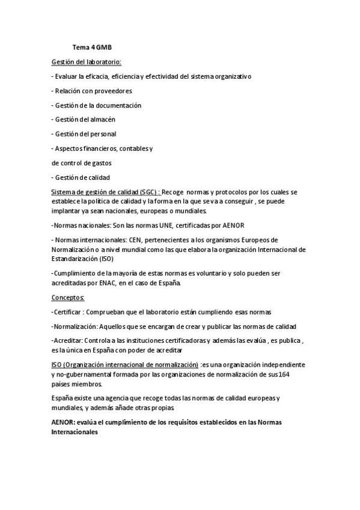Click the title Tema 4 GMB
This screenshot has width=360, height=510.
tap(92, 48)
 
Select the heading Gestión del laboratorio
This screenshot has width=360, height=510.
tap(86, 62)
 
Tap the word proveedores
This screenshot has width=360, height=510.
tap(112, 91)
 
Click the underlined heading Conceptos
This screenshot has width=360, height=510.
tap(68, 298)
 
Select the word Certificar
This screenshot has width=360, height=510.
tap(69, 312)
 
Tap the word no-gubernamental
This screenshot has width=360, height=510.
tap(86, 373)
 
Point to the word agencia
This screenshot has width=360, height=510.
tap(112, 398)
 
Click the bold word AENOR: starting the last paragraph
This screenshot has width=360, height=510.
tap(65, 422)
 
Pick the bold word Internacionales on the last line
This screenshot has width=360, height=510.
tap(75, 431)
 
